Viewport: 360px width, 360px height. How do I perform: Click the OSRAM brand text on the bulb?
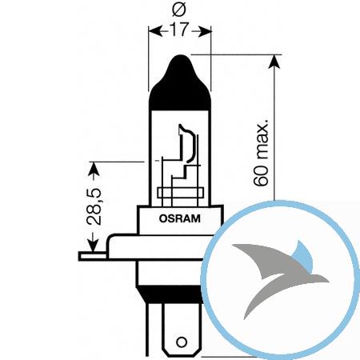(179, 218)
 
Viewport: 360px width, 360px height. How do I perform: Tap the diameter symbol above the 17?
(179, 10)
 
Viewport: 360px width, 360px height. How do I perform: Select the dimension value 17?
(179, 30)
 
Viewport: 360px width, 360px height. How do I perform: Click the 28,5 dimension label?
(94, 206)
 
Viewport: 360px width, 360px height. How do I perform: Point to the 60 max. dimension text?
(261, 153)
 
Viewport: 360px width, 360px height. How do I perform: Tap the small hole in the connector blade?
(182, 342)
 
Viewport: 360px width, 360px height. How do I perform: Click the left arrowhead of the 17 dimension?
(155, 31)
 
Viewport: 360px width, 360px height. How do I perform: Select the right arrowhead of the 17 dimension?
(205, 31)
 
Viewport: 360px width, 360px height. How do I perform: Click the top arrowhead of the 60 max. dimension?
(274, 62)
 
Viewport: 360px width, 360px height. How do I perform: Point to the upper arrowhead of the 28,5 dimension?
(94, 169)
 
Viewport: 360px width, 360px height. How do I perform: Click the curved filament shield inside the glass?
(189, 143)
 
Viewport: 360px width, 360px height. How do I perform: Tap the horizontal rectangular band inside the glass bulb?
(181, 193)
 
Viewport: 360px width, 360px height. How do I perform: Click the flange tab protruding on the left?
(92, 256)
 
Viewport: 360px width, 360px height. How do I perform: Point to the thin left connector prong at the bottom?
(147, 330)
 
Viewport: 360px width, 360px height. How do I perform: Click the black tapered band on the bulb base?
(170, 294)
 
